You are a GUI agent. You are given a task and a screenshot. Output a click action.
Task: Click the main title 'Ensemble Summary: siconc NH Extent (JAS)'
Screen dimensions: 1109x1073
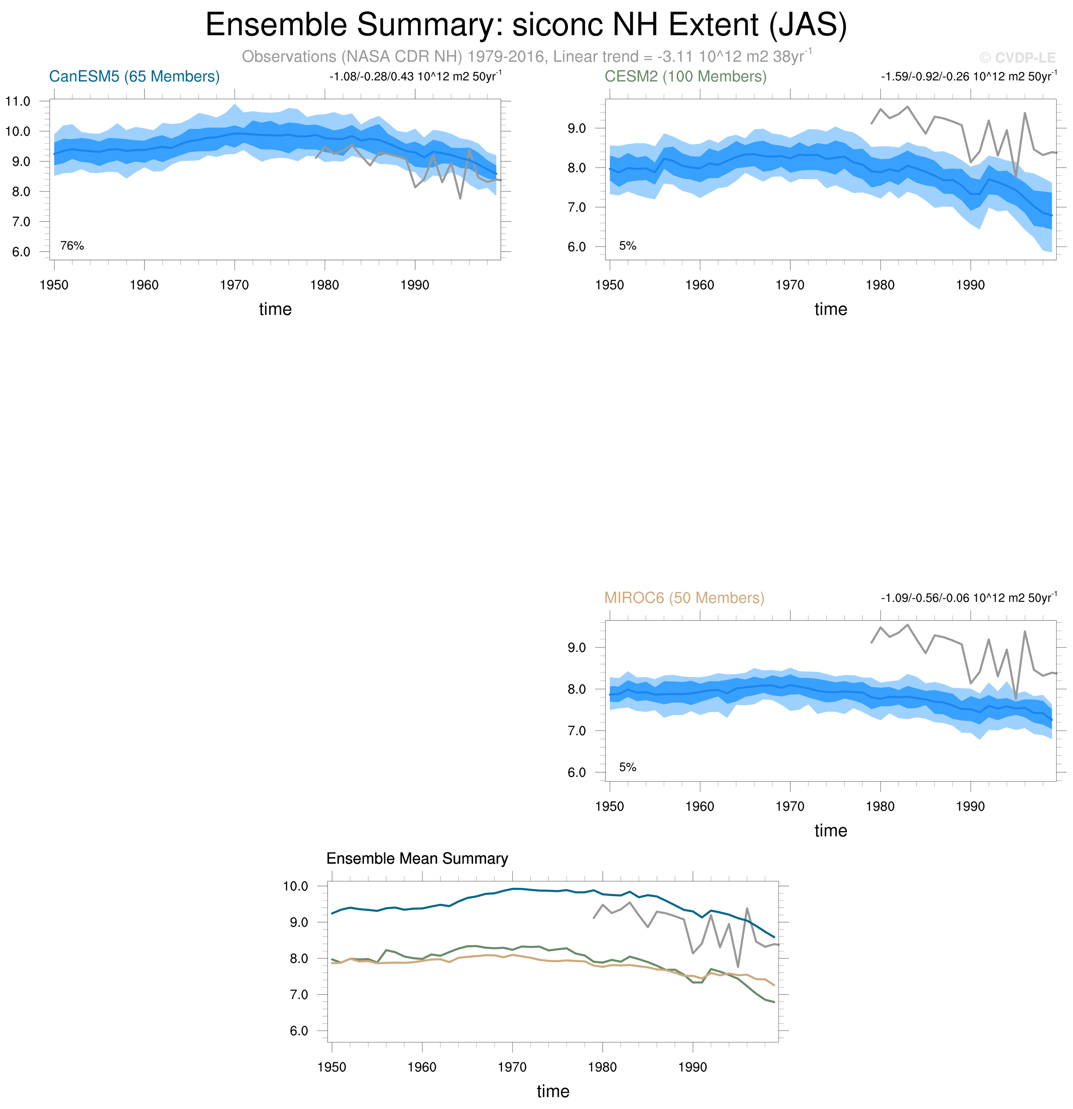point(526,25)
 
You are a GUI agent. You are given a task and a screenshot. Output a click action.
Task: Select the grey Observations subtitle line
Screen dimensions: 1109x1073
point(526,57)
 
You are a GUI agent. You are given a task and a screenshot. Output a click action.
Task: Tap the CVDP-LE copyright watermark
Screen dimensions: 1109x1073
point(1017,58)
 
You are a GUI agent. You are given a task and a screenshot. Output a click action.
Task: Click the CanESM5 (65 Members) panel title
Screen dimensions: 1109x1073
point(134,76)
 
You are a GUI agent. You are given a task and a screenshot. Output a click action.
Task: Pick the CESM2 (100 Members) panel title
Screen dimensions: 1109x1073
point(685,76)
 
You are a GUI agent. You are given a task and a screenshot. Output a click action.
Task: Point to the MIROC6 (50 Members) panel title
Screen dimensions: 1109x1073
point(684,598)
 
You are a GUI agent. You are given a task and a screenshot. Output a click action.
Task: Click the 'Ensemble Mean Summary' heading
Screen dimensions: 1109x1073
point(417,858)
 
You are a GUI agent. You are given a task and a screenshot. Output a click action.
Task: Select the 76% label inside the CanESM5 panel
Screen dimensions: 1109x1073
point(72,245)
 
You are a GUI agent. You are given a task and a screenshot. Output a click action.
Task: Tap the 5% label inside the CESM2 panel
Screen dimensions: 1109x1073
point(628,245)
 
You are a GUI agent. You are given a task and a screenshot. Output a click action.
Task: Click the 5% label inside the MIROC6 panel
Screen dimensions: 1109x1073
point(628,767)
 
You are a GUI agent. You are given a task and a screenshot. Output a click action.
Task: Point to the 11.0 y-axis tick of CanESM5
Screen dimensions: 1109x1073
point(18,101)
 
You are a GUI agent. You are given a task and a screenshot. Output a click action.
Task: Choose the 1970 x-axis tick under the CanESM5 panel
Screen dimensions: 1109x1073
point(234,285)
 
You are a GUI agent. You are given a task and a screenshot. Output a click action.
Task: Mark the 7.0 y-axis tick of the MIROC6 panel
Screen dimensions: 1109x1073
point(577,731)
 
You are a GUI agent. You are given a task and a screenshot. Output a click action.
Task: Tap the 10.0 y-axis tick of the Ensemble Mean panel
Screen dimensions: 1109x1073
point(295,886)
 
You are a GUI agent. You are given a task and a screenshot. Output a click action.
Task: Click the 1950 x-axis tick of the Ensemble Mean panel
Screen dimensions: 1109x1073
point(332,1067)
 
